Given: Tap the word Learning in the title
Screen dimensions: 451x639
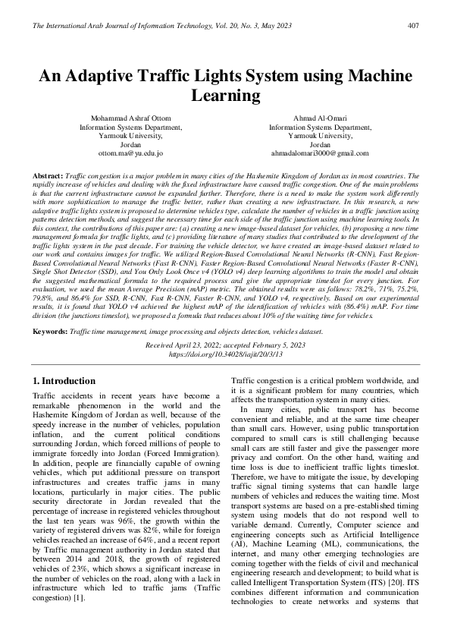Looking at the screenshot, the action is click(x=225, y=96).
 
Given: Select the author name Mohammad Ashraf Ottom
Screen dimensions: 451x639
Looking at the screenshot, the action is click(x=130, y=119).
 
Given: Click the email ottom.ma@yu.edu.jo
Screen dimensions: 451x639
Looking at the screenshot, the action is click(x=130, y=153).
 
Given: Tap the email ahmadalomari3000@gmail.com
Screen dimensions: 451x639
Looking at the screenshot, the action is click(x=320, y=153).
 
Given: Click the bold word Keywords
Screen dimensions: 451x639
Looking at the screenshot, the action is click(x=50, y=332).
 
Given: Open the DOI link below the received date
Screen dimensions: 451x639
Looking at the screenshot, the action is click(x=225, y=354).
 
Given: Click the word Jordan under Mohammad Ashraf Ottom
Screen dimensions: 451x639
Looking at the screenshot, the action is click(x=130, y=144).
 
